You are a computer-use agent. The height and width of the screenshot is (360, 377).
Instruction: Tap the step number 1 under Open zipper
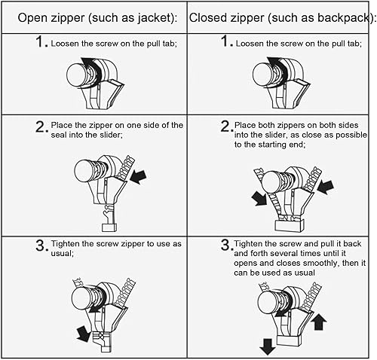pyautogui.click(x=40, y=41)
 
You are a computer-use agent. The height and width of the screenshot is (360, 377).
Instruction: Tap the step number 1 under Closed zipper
pyautogui.click(x=225, y=41)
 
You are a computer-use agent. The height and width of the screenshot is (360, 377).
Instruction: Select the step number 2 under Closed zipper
pyautogui.click(x=225, y=127)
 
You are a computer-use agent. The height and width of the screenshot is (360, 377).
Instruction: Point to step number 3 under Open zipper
pyautogui.click(x=41, y=246)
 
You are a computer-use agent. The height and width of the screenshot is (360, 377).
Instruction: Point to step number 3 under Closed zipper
pyautogui.click(x=225, y=245)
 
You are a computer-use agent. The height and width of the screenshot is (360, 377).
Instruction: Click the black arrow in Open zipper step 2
pyautogui.click(x=138, y=176)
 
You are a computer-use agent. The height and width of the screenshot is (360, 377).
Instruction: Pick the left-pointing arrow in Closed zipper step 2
pyautogui.click(x=326, y=188)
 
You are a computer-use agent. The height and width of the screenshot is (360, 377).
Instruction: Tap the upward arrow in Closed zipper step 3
pyautogui.click(x=319, y=322)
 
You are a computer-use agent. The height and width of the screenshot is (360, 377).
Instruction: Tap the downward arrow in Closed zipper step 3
pyautogui.click(x=268, y=346)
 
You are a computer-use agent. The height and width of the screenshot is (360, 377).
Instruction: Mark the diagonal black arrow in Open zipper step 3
pyautogui.click(x=84, y=334)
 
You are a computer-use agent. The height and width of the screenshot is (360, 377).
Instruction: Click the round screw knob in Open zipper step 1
pyautogui.click(x=76, y=75)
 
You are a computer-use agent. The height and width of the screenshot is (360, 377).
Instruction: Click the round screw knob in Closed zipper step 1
pyautogui.click(x=262, y=75)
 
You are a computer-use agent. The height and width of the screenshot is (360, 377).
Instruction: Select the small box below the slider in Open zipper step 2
pyautogui.click(x=109, y=227)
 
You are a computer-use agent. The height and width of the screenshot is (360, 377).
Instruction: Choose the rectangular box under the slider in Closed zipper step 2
pyautogui.click(x=290, y=225)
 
